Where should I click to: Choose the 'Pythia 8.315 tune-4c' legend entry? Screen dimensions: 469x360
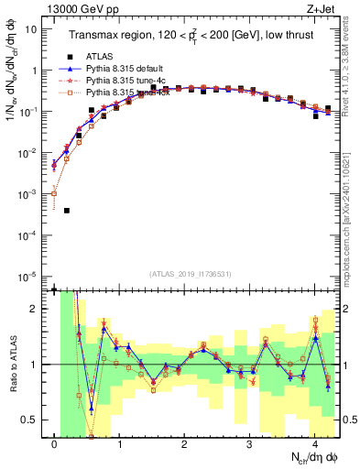tap(125, 80)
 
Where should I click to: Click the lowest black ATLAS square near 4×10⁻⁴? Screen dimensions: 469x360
tap(67, 211)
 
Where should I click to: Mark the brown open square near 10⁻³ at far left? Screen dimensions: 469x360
tap(54, 193)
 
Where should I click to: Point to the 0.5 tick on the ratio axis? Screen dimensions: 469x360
tap(34, 420)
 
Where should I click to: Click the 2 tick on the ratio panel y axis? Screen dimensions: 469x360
tap(38, 309)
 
